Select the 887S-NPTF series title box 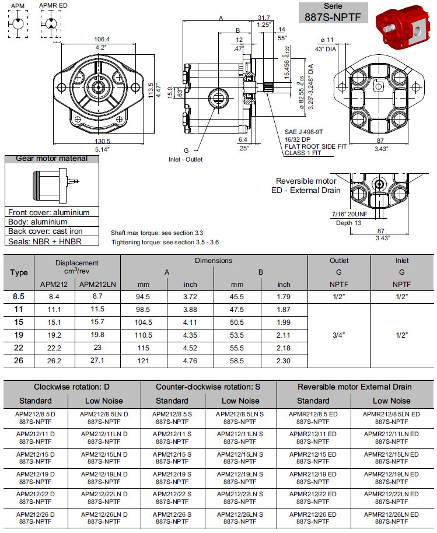(333, 13)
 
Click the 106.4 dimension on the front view (102, 40)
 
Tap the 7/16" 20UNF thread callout (349, 215)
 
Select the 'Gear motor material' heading (52, 159)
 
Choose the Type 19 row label (19, 335)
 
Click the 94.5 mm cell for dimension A (143, 297)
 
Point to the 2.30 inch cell (284, 361)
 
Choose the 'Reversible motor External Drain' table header (355, 387)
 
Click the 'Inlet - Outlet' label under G (186, 160)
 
